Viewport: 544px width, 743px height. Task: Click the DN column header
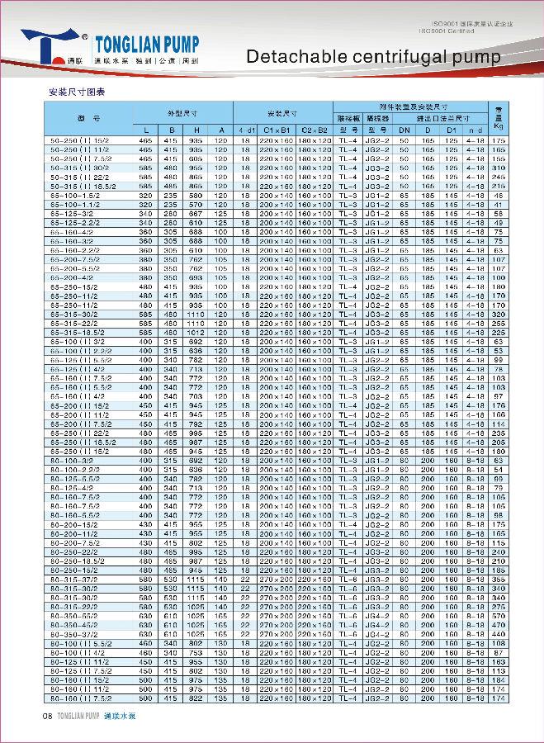pyautogui.click(x=404, y=130)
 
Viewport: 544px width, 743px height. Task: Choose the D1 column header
pyautogui.click(x=451, y=130)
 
